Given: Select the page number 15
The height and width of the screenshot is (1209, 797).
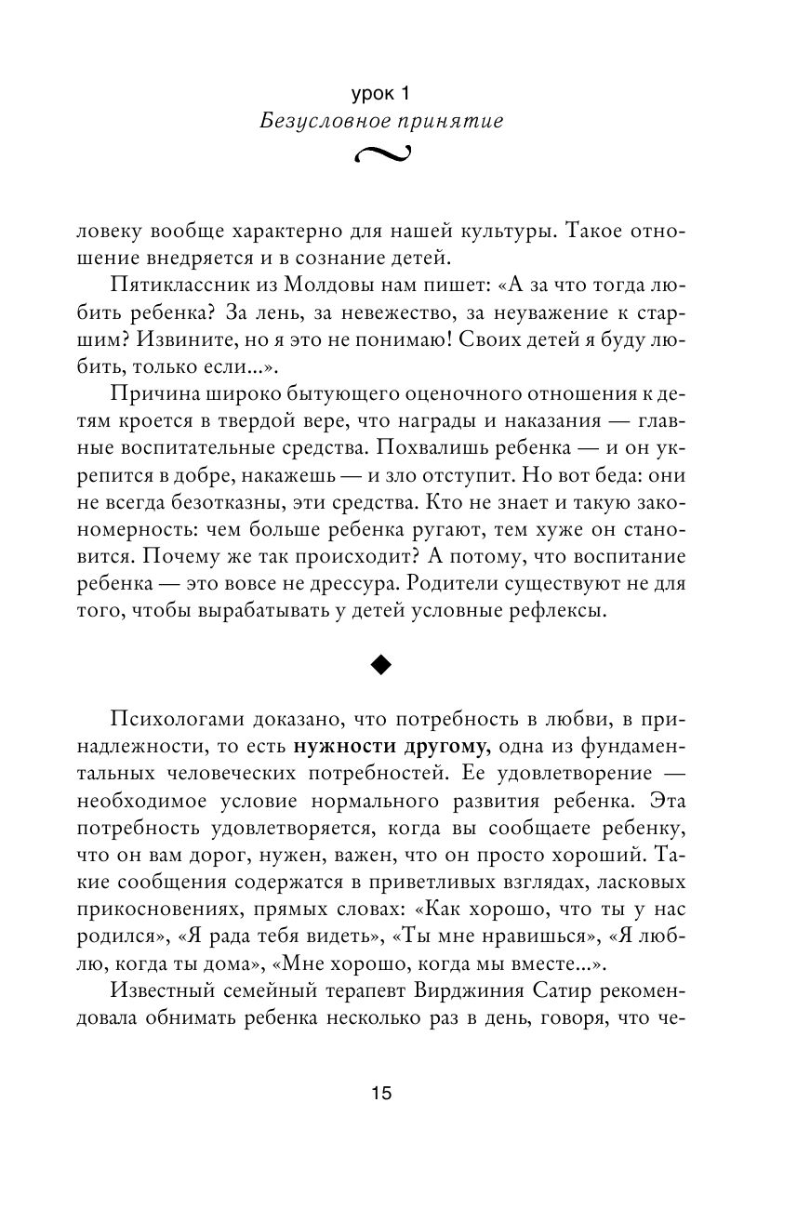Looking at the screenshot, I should [382, 1094].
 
